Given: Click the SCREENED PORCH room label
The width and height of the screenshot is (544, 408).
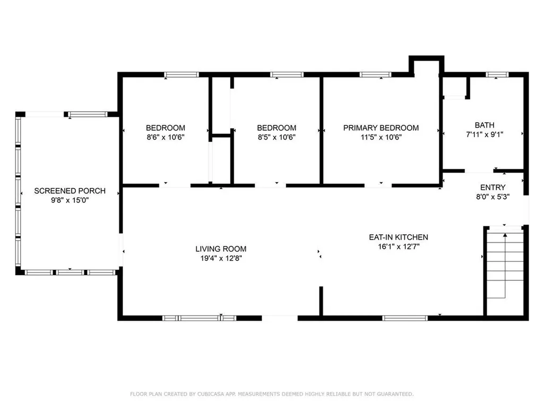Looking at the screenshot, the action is (x=70, y=191).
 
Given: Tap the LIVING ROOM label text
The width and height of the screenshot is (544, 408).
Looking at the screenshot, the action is (x=220, y=249).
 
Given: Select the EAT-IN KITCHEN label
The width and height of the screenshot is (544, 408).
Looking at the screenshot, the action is (x=398, y=237).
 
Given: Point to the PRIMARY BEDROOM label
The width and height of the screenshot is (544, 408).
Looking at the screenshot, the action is (x=381, y=127).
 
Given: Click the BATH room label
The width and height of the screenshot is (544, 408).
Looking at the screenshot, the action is (x=484, y=125).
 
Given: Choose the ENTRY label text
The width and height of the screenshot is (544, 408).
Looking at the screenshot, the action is (x=492, y=188).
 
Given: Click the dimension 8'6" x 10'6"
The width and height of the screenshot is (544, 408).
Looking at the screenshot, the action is (x=166, y=137).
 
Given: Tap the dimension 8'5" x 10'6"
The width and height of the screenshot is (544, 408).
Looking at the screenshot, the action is (x=276, y=137).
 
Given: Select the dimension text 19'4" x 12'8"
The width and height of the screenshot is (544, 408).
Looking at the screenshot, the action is (x=221, y=258).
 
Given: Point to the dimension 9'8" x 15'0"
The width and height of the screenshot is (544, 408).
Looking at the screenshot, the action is (x=70, y=200).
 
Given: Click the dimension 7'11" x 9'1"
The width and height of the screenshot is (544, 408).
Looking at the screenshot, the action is (x=484, y=134).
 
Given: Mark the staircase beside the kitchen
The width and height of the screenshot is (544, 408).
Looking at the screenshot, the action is (x=505, y=270).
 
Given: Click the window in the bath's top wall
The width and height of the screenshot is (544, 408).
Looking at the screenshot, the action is (x=497, y=74).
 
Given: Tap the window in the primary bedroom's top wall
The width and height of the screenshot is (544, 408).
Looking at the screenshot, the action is (x=376, y=74).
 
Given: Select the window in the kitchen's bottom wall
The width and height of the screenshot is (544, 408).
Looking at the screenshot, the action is (x=405, y=318).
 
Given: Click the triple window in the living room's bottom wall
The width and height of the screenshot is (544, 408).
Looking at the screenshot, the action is (x=200, y=318).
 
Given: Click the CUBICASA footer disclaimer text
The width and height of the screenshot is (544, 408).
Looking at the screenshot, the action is (x=271, y=394).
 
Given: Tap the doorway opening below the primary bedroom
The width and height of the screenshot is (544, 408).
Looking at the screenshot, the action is (x=378, y=185).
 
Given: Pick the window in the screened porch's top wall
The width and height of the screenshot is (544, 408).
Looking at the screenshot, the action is (x=88, y=114).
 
